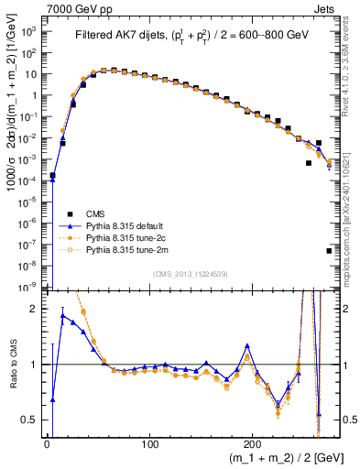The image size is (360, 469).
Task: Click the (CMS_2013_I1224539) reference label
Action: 190,273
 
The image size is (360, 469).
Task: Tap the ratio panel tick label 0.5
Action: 29,420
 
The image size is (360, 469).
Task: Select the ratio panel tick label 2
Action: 36,309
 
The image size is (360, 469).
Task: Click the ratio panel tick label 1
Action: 36,365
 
